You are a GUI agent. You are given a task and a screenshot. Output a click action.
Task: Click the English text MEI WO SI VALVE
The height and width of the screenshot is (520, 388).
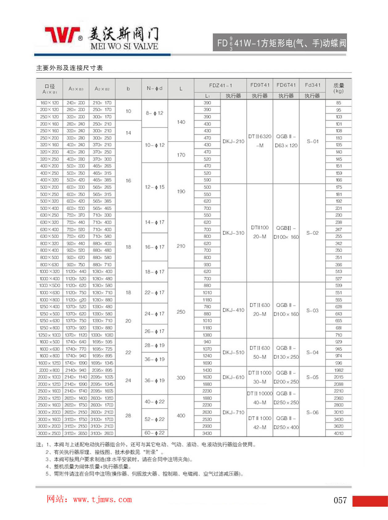click(x=124, y=47)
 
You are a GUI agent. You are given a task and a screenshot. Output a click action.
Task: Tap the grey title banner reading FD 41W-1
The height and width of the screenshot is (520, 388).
click(x=279, y=43)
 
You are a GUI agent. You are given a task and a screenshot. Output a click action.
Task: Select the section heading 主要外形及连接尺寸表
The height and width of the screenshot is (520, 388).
click(x=69, y=68)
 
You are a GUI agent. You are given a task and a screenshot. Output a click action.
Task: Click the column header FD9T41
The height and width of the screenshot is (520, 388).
click(x=260, y=85)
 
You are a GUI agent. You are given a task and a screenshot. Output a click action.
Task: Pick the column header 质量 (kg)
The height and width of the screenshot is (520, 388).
click(x=338, y=88)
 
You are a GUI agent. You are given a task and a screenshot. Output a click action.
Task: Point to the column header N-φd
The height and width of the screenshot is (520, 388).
click(x=155, y=88)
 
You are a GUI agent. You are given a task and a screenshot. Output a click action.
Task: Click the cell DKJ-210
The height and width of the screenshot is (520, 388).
click(x=233, y=142)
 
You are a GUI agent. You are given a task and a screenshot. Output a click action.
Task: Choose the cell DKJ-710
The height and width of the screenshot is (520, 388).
click(x=233, y=412)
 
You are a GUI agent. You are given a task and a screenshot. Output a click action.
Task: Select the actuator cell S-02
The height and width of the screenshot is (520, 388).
click(x=312, y=233)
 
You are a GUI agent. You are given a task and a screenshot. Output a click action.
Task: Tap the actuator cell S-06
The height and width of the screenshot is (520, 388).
click(x=312, y=412)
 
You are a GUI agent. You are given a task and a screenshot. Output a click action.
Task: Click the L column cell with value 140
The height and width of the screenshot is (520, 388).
click(x=181, y=122)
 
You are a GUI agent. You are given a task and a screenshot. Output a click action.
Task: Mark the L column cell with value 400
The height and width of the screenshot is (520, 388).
click(x=181, y=416)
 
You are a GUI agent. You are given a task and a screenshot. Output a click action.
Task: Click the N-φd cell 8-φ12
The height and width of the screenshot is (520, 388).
click(x=155, y=113)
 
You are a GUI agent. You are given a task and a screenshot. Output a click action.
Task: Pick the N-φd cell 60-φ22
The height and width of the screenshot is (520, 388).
click(x=155, y=433)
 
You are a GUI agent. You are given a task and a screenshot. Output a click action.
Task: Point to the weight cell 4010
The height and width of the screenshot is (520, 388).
click(x=338, y=433)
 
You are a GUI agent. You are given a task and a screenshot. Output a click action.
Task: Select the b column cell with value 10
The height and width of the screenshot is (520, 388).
click(x=128, y=111)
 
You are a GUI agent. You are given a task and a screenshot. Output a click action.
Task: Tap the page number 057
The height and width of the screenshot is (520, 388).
click(x=340, y=500)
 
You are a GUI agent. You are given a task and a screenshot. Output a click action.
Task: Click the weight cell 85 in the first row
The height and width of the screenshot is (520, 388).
click(x=338, y=103)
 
